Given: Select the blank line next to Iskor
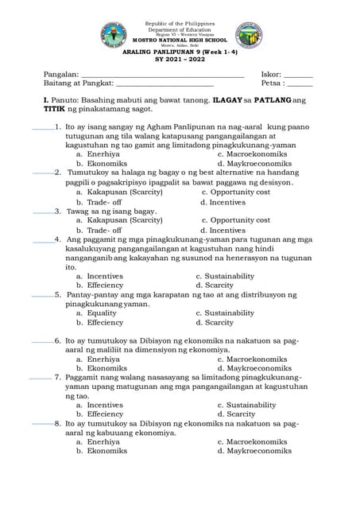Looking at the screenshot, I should [x=298, y=76].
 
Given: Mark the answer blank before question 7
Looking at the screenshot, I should [x=41, y=379].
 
